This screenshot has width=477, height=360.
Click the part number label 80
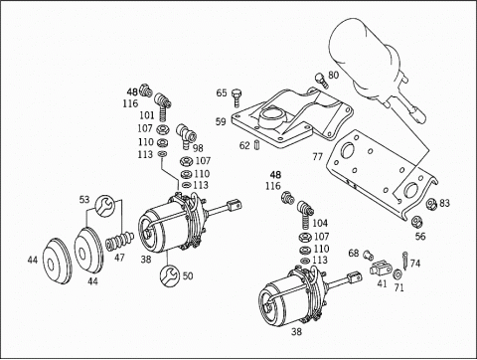coord(333,76)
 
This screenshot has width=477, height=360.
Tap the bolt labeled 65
coord(236,97)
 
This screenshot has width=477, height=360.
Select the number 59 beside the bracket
coord(221,121)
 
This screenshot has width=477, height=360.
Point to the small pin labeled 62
coord(257,145)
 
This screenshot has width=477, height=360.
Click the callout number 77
coord(317,156)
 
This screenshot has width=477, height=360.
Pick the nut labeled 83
coord(431,203)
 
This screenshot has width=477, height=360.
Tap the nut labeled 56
coord(416,221)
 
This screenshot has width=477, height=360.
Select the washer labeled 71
coord(397,274)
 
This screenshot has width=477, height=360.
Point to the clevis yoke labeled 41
coord(381,268)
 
